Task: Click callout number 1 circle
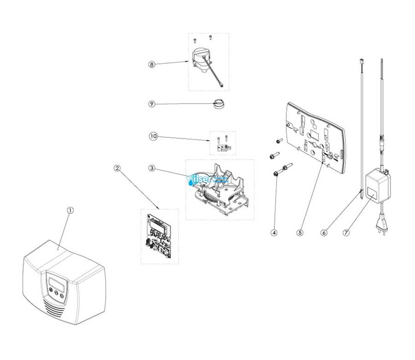click(x=70, y=210)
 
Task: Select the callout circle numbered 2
click(x=118, y=168)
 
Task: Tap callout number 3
click(x=152, y=168)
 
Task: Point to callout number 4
click(x=274, y=233)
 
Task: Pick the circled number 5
click(x=300, y=233)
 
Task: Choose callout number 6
click(x=324, y=233)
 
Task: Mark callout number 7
click(x=346, y=233)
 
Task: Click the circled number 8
click(x=152, y=65)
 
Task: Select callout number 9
click(x=152, y=104)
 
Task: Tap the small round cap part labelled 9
click(x=218, y=104)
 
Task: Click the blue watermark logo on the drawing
click(x=207, y=180)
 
